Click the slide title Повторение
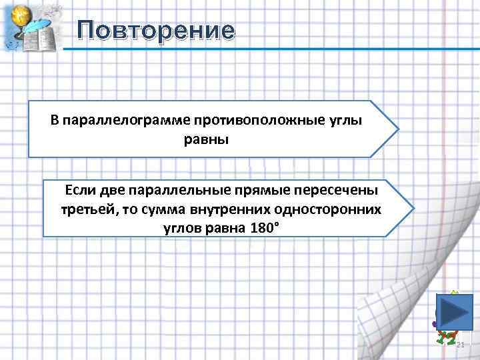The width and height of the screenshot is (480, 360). (155, 31)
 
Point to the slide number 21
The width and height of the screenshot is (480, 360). (460, 344)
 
